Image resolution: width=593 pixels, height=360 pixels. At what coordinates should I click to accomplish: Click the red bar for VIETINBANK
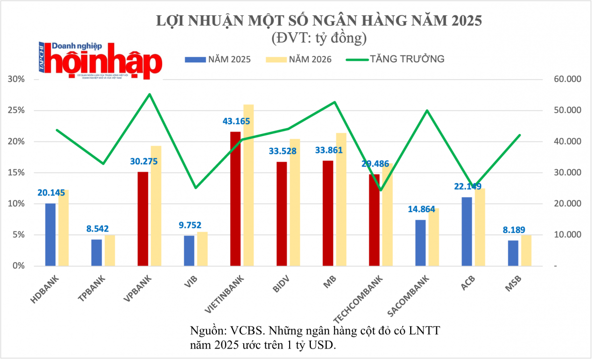point(236,198)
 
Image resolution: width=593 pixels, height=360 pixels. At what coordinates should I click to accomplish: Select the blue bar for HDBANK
point(50,234)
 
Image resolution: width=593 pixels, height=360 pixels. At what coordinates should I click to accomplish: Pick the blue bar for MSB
point(513,253)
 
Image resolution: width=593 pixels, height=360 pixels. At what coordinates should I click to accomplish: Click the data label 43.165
point(236,121)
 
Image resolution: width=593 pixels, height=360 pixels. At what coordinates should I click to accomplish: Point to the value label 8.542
point(96,229)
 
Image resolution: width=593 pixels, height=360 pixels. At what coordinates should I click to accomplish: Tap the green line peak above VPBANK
point(150,94)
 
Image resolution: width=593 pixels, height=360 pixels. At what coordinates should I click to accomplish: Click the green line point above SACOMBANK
point(427,110)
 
